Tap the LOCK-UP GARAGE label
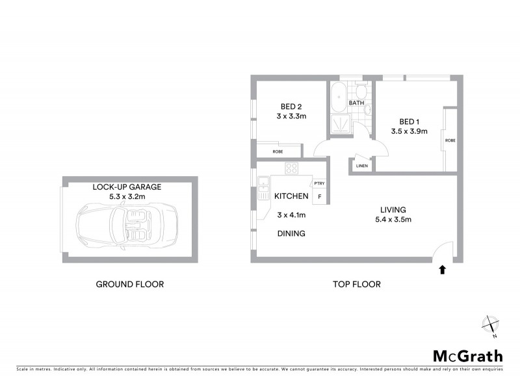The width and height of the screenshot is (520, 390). (x=127, y=186)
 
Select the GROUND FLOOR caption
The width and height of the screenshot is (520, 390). (x=129, y=284)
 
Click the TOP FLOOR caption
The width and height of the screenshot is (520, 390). (x=356, y=284)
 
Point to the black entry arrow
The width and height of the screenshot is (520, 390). (x=443, y=268)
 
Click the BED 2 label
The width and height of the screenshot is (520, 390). (x=291, y=107)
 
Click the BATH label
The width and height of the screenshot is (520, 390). (x=356, y=103)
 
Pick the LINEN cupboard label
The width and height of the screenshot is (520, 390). (x=361, y=166)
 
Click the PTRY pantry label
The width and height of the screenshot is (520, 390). (x=319, y=184)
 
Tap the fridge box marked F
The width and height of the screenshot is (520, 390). (x=319, y=196)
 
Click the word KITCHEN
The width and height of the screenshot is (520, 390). (x=291, y=196)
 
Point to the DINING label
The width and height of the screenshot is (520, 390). (x=291, y=233)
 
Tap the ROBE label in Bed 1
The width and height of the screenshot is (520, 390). (x=450, y=140)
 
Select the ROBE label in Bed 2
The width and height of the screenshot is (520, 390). (x=278, y=151)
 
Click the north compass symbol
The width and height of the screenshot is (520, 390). (x=490, y=325)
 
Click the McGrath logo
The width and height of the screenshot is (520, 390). (x=468, y=356)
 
